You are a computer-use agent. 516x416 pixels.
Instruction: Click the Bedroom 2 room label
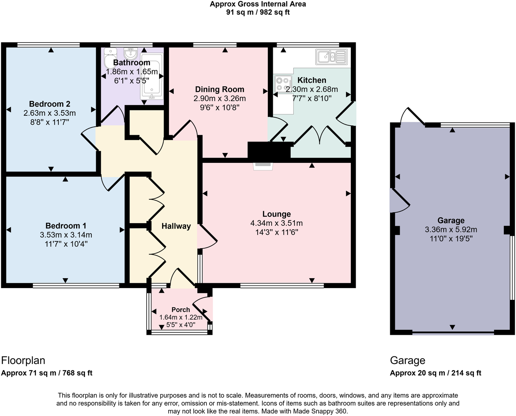click(x=50, y=104)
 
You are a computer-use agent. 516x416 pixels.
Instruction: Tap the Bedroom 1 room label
click(x=66, y=226)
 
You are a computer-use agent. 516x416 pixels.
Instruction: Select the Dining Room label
click(x=219, y=90)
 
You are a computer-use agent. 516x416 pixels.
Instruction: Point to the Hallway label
click(x=176, y=226)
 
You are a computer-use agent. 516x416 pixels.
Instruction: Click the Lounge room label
click(x=276, y=214)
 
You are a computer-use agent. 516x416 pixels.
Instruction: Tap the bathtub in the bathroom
click(x=152, y=80)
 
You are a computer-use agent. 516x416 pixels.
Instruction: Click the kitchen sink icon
click(x=331, y=57)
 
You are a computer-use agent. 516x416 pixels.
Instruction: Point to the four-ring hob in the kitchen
click(x=283, y=84)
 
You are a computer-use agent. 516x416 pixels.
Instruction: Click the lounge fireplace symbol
click(x=263, y=165)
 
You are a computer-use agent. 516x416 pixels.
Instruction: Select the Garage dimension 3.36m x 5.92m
click(x=451, y=230)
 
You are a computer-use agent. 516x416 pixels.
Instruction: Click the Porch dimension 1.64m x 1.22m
click(x=181, y=317)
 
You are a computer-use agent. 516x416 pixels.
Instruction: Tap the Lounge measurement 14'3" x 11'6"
click(x=277, y=232)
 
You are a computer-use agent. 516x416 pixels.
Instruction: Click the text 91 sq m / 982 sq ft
click(x=258, y=12)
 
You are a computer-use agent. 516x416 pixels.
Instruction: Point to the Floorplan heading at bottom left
click(x=23, y=361)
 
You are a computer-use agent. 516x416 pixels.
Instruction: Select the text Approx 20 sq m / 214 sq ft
click(x=435, y=373)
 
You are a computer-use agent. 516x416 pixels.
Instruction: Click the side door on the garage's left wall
click(x=399, y=201)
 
